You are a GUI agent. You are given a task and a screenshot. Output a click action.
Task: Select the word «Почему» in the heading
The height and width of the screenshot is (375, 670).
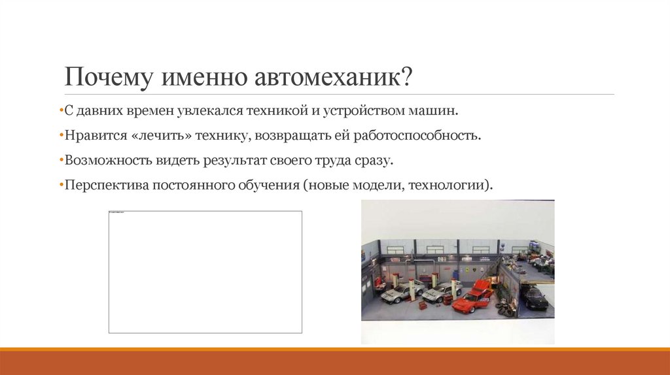tap(103, 78)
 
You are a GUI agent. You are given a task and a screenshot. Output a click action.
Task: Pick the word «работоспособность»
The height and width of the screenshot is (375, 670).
tap(417, 136)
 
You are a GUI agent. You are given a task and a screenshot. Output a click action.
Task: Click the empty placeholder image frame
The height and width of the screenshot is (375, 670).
tap(205, 272)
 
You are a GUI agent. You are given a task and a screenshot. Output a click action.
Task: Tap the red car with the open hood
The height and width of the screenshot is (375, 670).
tap(472, 298)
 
